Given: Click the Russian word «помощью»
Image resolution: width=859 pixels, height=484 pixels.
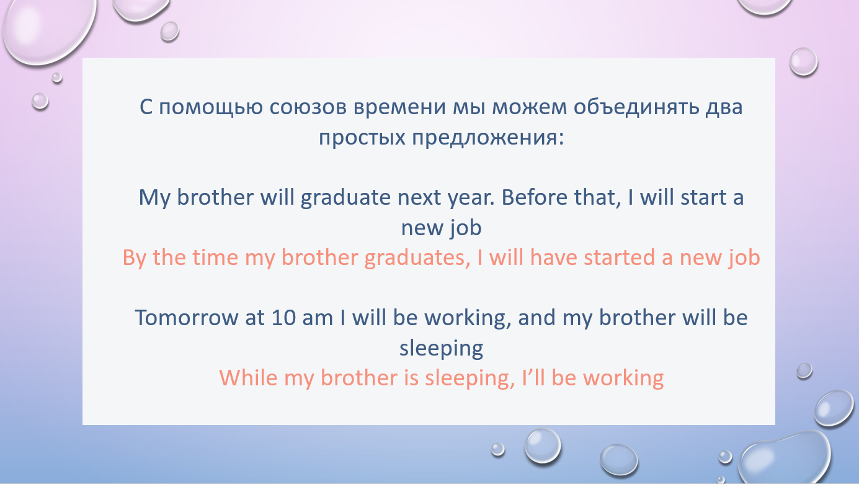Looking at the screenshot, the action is click(210, 107).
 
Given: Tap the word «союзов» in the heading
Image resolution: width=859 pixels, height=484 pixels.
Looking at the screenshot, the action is click(308, 107).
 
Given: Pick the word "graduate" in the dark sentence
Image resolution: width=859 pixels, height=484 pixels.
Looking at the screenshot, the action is click(345, 198).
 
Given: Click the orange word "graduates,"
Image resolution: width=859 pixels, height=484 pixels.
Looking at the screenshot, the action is click(417, 258).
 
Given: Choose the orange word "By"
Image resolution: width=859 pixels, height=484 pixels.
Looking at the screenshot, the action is click(134, 258).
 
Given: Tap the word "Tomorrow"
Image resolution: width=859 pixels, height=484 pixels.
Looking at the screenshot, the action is click(186, 318).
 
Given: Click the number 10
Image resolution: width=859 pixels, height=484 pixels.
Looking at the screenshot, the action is click(283, 318).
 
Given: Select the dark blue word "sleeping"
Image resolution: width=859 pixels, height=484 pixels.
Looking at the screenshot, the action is click(442, 349).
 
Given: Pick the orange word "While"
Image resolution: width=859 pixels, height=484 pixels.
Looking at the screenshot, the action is click(248, 378).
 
